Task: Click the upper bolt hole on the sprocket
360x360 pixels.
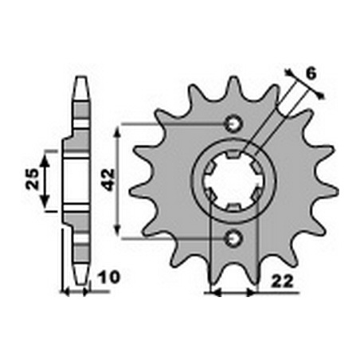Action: (x=233, y=123)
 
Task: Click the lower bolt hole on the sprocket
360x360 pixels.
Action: (x=233, y=237)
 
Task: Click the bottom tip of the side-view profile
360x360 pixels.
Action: (x=81, y=284)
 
